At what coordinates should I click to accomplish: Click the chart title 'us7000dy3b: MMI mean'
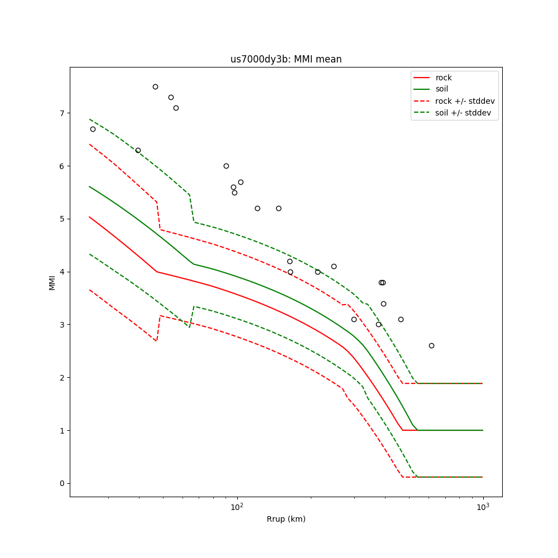tap(286, 59)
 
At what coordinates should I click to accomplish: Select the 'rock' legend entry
tap(444, 78)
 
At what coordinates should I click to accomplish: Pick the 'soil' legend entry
tap(441, 89)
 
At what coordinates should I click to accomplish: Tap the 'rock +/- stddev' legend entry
tap(465, 101)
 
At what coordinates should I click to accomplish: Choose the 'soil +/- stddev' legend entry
tap(464, 113)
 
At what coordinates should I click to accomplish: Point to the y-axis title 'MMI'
tap(52, 282)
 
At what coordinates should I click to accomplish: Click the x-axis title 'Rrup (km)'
tap(286, 519)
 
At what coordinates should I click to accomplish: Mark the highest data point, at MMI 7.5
tap(155, 86)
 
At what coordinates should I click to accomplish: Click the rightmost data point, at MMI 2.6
tap(431, 345)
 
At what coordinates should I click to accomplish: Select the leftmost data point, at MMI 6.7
tap(93, 129)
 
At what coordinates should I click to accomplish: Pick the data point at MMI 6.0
tap(226, 166)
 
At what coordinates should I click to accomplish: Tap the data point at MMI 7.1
tap(176, 108)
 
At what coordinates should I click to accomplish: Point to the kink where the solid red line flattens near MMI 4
tap(157, 272)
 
